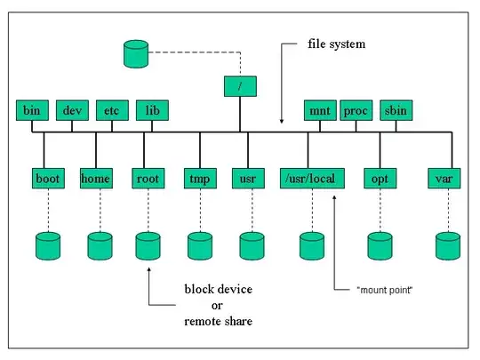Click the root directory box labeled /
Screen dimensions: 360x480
(x=239, y=86)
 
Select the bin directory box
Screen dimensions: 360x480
(x=31, y=111)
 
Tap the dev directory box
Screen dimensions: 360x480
(x=71, y=111)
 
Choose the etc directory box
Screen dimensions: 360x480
(x=111, y=111)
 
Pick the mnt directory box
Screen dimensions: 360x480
(x=318, y=111)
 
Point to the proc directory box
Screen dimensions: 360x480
(x=356, y=111)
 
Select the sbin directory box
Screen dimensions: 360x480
(x=394, y=111)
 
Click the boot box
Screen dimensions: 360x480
(x=47, y=178)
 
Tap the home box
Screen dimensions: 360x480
(x=95, y=178)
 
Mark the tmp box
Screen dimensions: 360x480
(x=197, y=178)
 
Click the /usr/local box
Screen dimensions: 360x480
(x=310, y=178)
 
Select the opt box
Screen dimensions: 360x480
(x=380, y=178)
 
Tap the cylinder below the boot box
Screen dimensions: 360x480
(x=47, y=244)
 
